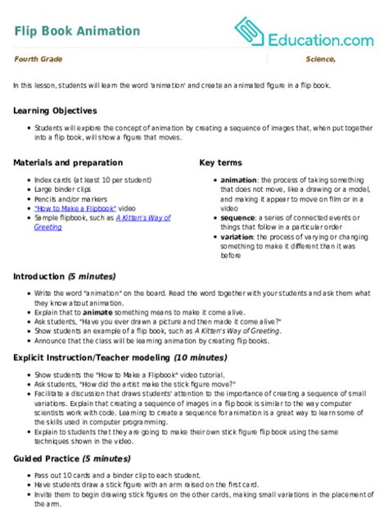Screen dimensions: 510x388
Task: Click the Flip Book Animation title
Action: point(77,31)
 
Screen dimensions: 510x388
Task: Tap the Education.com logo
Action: point(303,31)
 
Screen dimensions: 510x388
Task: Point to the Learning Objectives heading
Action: point(56,110)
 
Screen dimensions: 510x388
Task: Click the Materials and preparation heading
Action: point(69,162)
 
